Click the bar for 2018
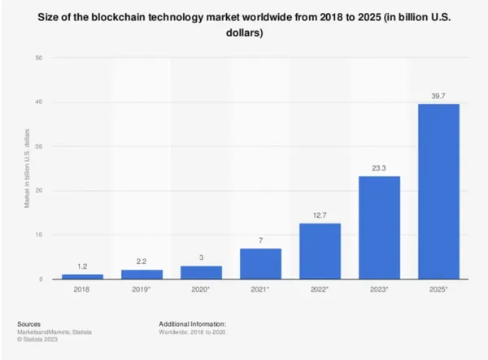pos(82,276)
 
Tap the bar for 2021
pos(260,264)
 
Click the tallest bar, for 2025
pos(439,192)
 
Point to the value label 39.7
pos(439,96)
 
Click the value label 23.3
pos(380,168)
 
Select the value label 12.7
pos(320,215)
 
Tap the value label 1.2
pos(82,266)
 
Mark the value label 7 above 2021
pos(260,241)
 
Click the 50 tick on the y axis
pos(40,58)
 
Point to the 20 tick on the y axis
pos(40,191)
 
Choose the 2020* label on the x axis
pos(201,289)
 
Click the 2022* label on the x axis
pos(320,289)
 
